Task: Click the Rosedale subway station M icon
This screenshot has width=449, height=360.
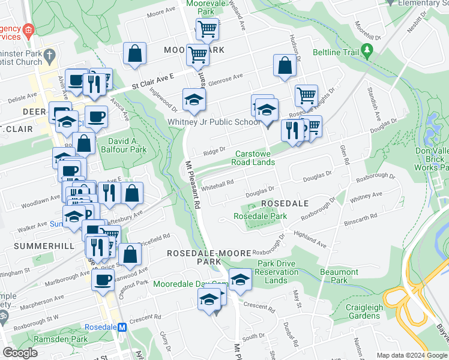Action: coord(122,328)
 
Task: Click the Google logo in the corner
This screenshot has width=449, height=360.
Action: coord(20,353)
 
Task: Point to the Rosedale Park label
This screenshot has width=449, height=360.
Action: coord(256,216)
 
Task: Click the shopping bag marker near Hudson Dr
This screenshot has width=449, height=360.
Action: coord(285,66)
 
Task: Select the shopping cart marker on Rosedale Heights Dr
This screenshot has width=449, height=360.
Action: coord(306,95)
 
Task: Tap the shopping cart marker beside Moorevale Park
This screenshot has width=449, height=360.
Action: coord(206,29)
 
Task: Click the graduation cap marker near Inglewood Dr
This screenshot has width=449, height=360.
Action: coord(194,100)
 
